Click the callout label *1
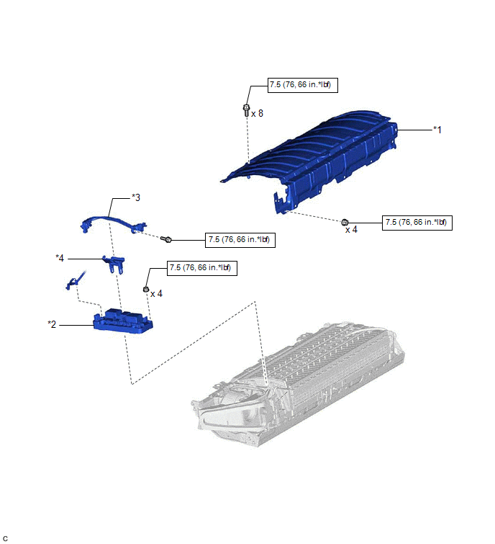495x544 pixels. [437, 130]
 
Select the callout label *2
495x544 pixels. [52, 324]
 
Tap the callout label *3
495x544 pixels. [136, 197]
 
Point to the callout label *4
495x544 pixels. [60, 258]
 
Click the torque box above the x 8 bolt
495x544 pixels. [302, 85]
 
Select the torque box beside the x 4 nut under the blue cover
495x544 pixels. [417, 223]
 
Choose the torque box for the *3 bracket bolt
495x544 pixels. [240, 240]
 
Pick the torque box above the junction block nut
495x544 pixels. [202, 268]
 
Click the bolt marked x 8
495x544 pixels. [246, 110]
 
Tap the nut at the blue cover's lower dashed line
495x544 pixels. [345, 222]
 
